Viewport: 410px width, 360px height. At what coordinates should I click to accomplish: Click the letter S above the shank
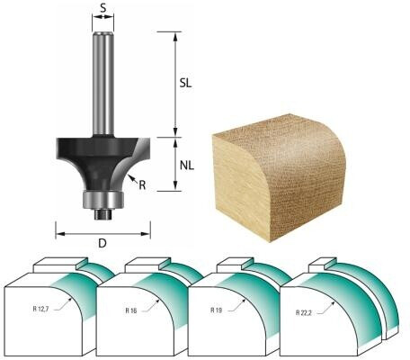click(x=103, y=8)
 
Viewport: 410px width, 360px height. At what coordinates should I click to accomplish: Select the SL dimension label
click(x=185, y=84)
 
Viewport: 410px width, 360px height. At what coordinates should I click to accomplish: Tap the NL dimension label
click(x=187, y=166)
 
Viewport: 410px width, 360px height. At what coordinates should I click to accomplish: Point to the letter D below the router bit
click(x=102, y=243)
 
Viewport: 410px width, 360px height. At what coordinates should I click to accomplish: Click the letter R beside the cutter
click(x=142, y=185)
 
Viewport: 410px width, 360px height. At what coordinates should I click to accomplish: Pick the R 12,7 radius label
click(x=40, y=309)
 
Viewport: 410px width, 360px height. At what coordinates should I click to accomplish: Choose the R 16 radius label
click(x=131, y=310)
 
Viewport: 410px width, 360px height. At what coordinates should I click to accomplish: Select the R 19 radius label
click(x=217, y=310)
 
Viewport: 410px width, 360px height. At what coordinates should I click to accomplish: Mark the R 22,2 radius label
click(x=304, y=313)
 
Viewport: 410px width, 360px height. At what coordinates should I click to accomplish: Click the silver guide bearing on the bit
click(x=103, y=200)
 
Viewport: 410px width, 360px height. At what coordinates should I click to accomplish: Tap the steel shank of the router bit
click(x=103, y=84)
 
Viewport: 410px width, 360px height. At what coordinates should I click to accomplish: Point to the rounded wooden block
click(x=279, y=177)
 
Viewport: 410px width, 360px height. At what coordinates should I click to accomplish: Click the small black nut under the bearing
click(x=103, y=214)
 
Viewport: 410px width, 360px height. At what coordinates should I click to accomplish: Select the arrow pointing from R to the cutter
click(x=133, y=179)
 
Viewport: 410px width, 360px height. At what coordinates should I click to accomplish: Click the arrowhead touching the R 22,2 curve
click(x=333, y=303)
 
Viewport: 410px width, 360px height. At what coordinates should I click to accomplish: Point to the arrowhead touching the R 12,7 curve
click(x=70, y=298)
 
